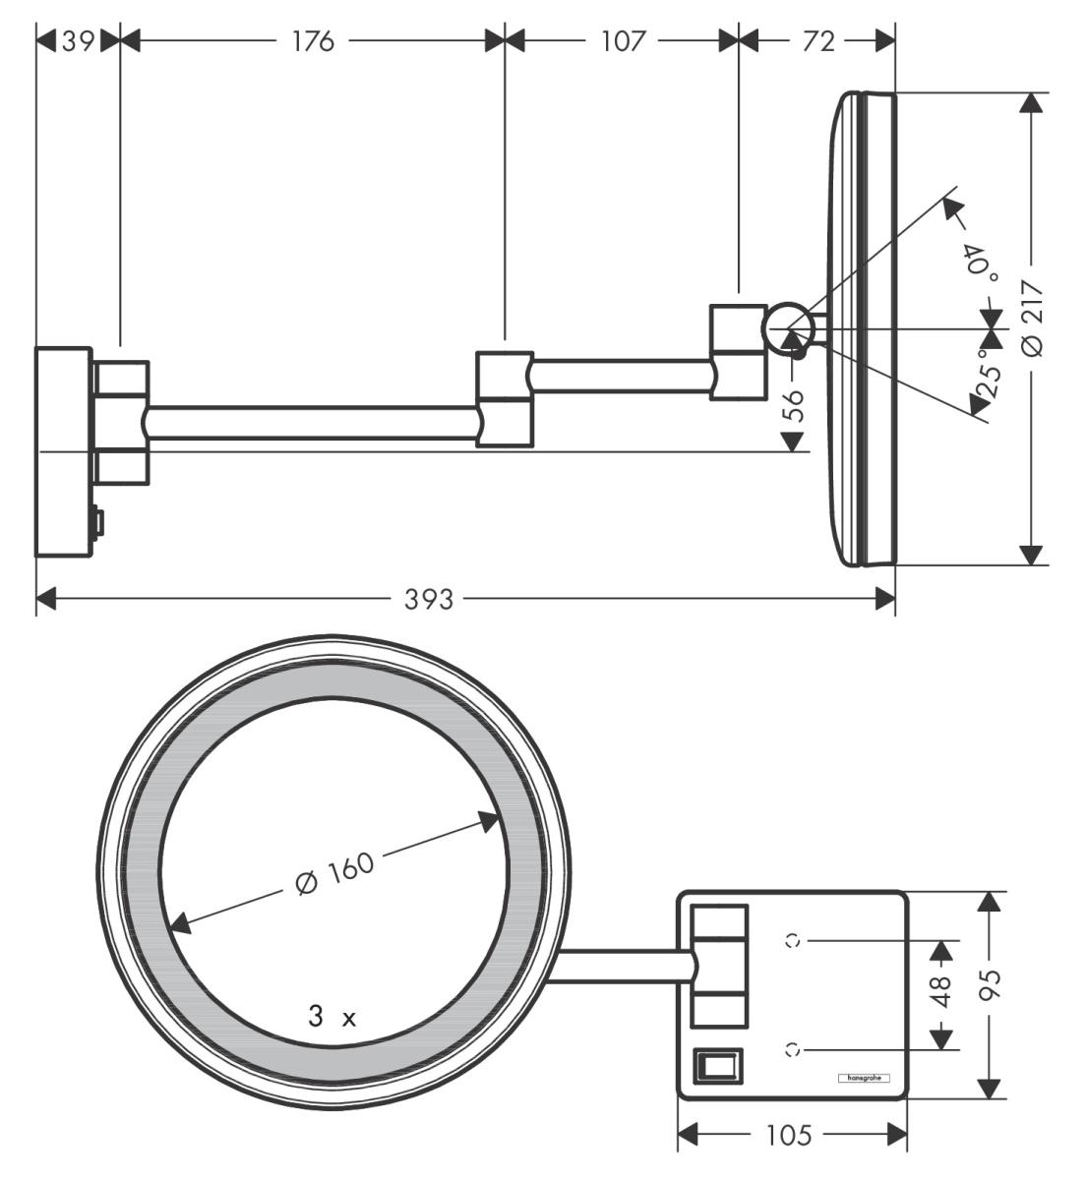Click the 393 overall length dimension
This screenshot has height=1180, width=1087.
click(x=430, y=598)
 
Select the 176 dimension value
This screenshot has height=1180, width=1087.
click(x=312, y=40)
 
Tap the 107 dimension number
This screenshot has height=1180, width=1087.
click(x=622, y=40)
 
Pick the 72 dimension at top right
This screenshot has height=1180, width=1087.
click(x=817, y=40)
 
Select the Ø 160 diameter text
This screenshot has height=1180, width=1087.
click(x=334, y=872)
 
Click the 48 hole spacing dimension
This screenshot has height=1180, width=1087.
click(x=941, y=991)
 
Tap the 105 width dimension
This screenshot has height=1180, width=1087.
click(x=790, y=1135)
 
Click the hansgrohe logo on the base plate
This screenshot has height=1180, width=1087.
click(x=862, y=1078)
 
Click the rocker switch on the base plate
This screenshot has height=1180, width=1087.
click(x=717, y=1065)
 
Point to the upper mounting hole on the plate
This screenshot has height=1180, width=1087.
click(x=793, y=940)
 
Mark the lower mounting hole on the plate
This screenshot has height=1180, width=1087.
click(x=793, y=1049)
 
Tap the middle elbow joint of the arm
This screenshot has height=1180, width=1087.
click(x=506, y=397)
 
